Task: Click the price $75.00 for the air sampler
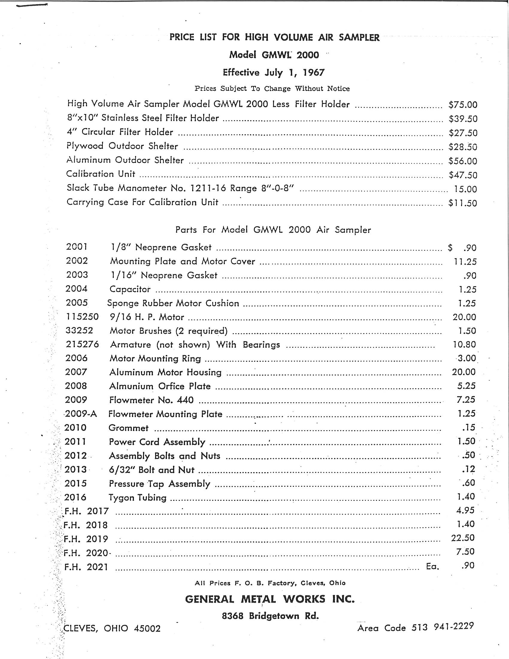click(x=463, y=105)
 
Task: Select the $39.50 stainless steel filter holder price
click(x=463, y=119)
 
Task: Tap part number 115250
click(x=82, y=317)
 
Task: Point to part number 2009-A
click(x=81, y=414)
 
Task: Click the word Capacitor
click(x=130, y=289)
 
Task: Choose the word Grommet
click(x=128, y=428)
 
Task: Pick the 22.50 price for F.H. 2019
click(x=463, y=538)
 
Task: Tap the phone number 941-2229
click(x=454, y=626)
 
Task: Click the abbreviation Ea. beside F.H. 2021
click(x=432, y=566)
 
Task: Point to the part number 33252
click(x=79, y=330)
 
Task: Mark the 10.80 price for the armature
click(x=464, y=344)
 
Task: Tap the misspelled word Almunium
click(x=131, y=386)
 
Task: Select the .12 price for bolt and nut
click(x=468, y=469)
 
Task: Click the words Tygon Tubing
click(x=137, y=497)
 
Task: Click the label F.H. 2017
click(x=87, y=511)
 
